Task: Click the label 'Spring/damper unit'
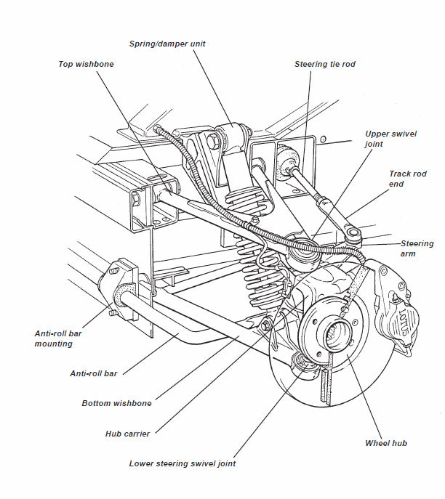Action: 167,44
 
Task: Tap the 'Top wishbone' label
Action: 86,64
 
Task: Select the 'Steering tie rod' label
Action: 324,64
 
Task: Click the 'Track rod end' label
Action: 408,179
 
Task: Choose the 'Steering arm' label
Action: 417,248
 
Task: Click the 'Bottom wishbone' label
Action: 116,403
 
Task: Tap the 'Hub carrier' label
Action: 127,434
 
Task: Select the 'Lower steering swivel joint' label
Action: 182,463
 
